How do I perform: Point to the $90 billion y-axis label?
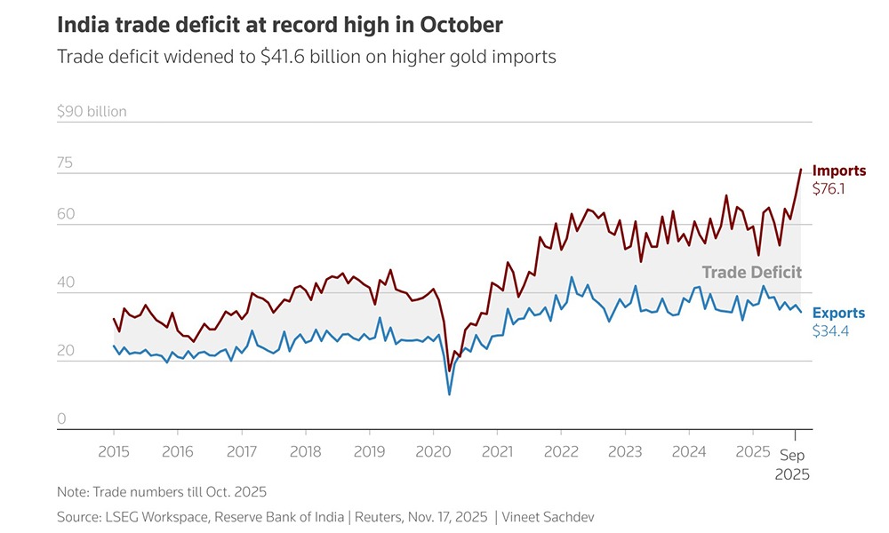tap(92, 112)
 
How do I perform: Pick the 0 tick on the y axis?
tap(62, 418)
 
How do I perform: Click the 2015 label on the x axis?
tap(114, 450)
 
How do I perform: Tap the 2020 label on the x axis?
tap(433, 450)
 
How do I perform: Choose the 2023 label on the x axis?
tap(624, 450)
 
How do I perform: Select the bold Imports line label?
tap(838, 171)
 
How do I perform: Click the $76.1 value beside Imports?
tap(829, 189)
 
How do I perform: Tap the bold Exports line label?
tap(838, 314)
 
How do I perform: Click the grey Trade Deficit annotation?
tap(751, 273)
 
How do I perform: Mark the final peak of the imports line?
tap(801, 169)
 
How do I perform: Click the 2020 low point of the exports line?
tap(449, 394)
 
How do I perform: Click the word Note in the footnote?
tap(71, 491)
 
